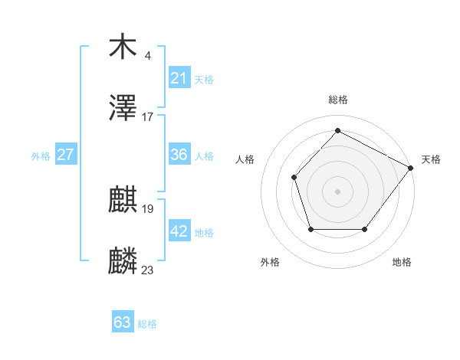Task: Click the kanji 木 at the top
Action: (x=123, y=47)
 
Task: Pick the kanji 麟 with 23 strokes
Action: (x=123, y=262)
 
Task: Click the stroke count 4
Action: (x=147, y=56)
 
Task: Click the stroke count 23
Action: (x=148, y=270)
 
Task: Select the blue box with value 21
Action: (x=179, y=77)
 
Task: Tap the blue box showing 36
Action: (x=179, y=155)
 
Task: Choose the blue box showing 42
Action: (x=179, y=231)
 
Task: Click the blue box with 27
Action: (x=66, y=155)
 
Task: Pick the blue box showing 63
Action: (x=123, y=322)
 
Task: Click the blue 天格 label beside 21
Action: (x=204, y=79)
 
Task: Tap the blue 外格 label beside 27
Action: (x=41, y=156)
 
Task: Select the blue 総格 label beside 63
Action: (x=147, y=324)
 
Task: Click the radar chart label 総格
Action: (x=337, y=100)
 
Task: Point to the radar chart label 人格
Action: (x=245, y=159)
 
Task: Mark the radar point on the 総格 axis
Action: (x=337, y=130)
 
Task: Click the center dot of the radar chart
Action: (x=337, y=191)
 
